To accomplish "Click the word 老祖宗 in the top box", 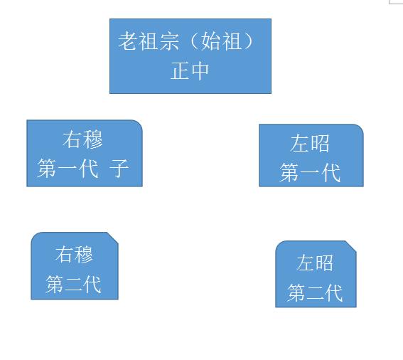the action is (x=149, y=41).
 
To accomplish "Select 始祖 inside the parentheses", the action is (x=221, y=41).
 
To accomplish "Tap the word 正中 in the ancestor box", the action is (x=190, y=70).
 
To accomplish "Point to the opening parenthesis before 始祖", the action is (x=195, y=41).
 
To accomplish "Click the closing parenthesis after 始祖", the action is (x=249, y=41).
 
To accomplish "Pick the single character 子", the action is (x=119, y=169).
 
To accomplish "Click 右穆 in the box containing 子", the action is (x=82, y=139).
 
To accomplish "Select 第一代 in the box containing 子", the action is (x=68, y=169).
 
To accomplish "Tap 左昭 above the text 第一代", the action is (x=310, y=143).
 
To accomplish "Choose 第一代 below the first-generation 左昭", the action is (x=310, y=172).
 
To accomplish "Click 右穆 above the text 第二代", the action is (x=74, y=255).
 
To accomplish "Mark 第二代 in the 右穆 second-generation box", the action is (x=73, y=284).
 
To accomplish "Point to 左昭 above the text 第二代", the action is (x=315, y=263).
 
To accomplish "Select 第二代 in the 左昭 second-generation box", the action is (x=315, y=292).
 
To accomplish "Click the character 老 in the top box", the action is (x=128, y=41).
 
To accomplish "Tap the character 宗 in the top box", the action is (x=169, y=41).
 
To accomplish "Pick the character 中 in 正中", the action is (x=200, y=70).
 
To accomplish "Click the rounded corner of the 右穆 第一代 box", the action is (x=139, y=124).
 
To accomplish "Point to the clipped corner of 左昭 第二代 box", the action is (x=351, y=246).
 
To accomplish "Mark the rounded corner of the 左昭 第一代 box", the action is (x=360, y=127).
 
